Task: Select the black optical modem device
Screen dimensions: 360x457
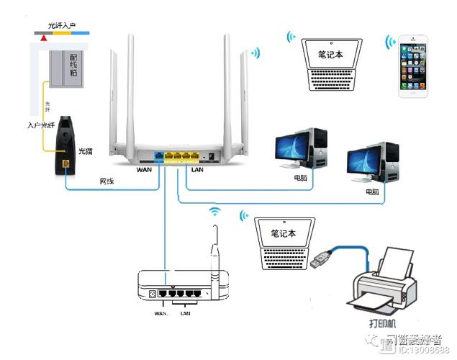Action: tap(66, 144)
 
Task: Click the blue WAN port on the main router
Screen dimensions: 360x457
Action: tap(157, 154)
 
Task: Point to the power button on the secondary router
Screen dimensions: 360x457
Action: tap(153, 294)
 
